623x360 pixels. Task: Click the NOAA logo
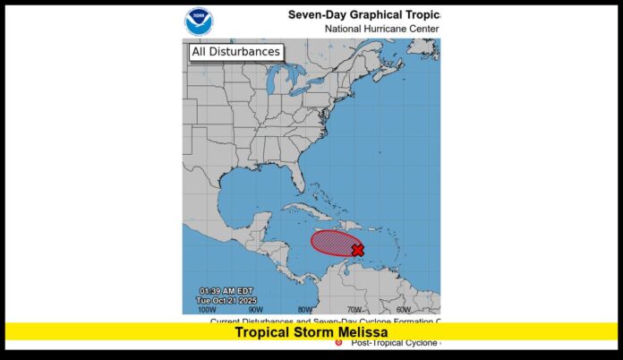(x=199, y=21)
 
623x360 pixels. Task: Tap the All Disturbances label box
(x=236, y=52)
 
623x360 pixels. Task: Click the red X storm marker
(x=358, y=250)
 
